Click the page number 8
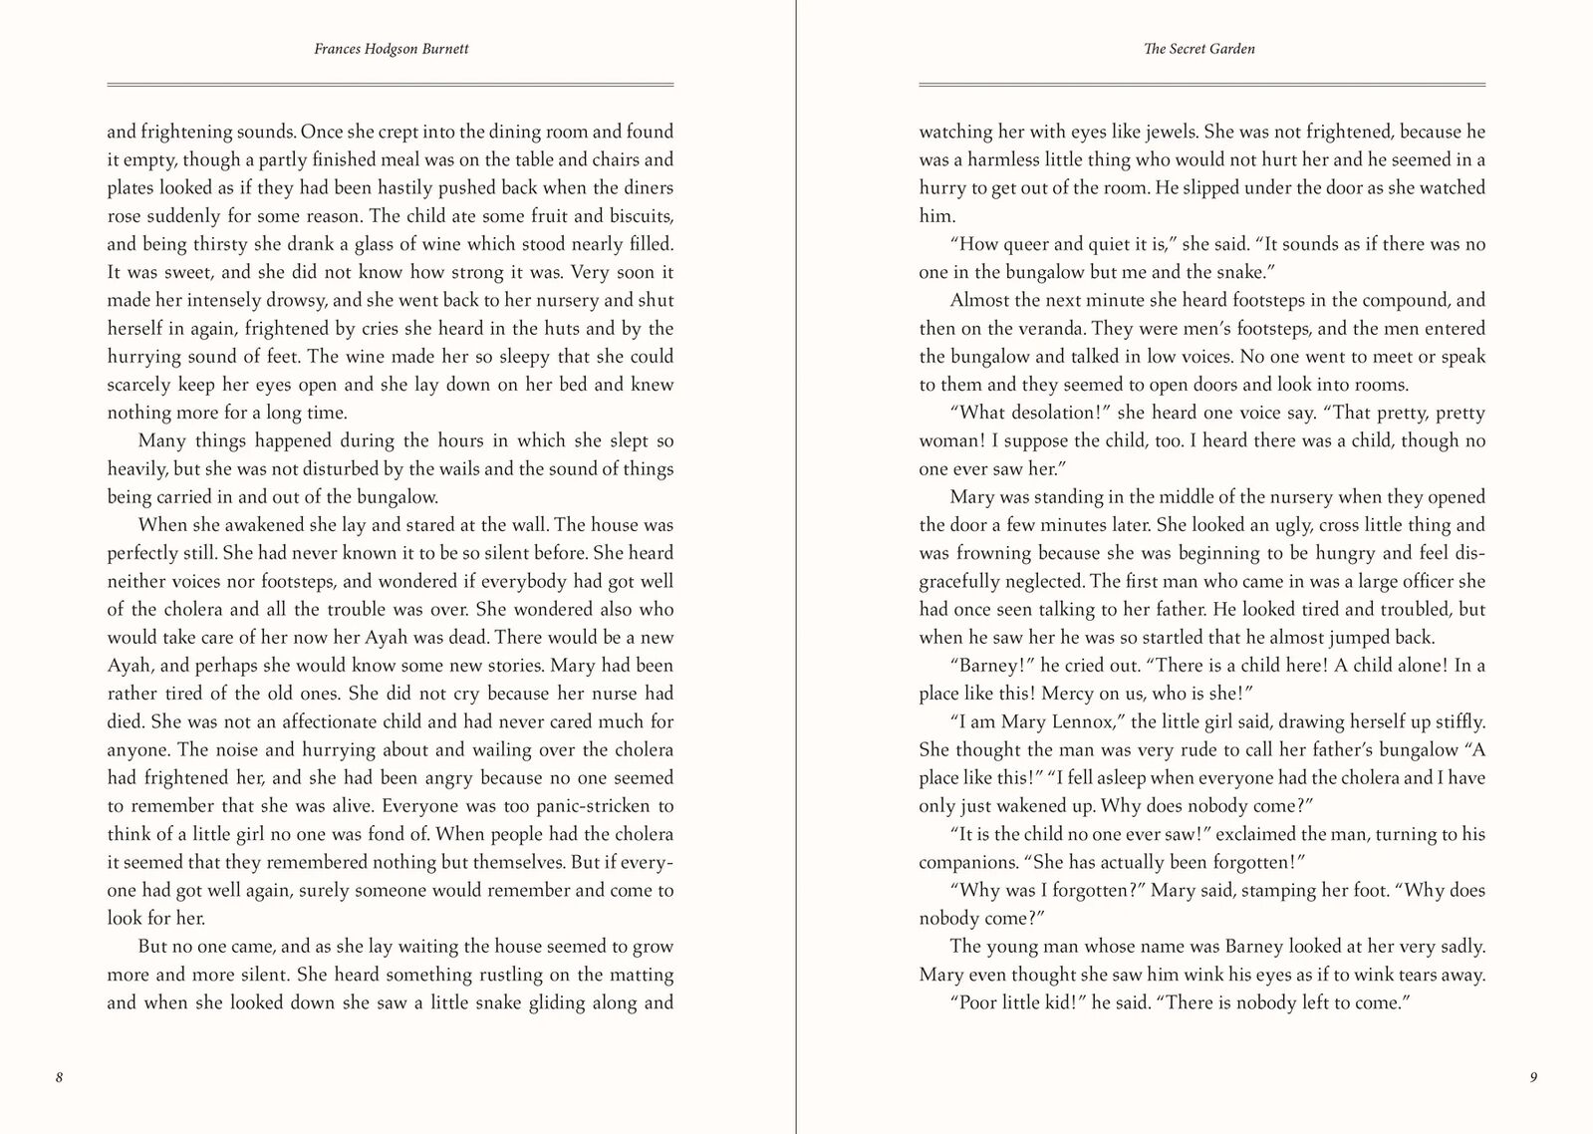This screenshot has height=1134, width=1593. (x=60, y=1077)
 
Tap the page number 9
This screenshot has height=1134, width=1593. (x=1532, y=1077)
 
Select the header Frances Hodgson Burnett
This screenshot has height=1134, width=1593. (x=391, y=49)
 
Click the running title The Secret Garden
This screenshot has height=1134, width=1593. (x=1200, y=49)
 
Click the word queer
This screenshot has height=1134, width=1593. (x=1027, y=244)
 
